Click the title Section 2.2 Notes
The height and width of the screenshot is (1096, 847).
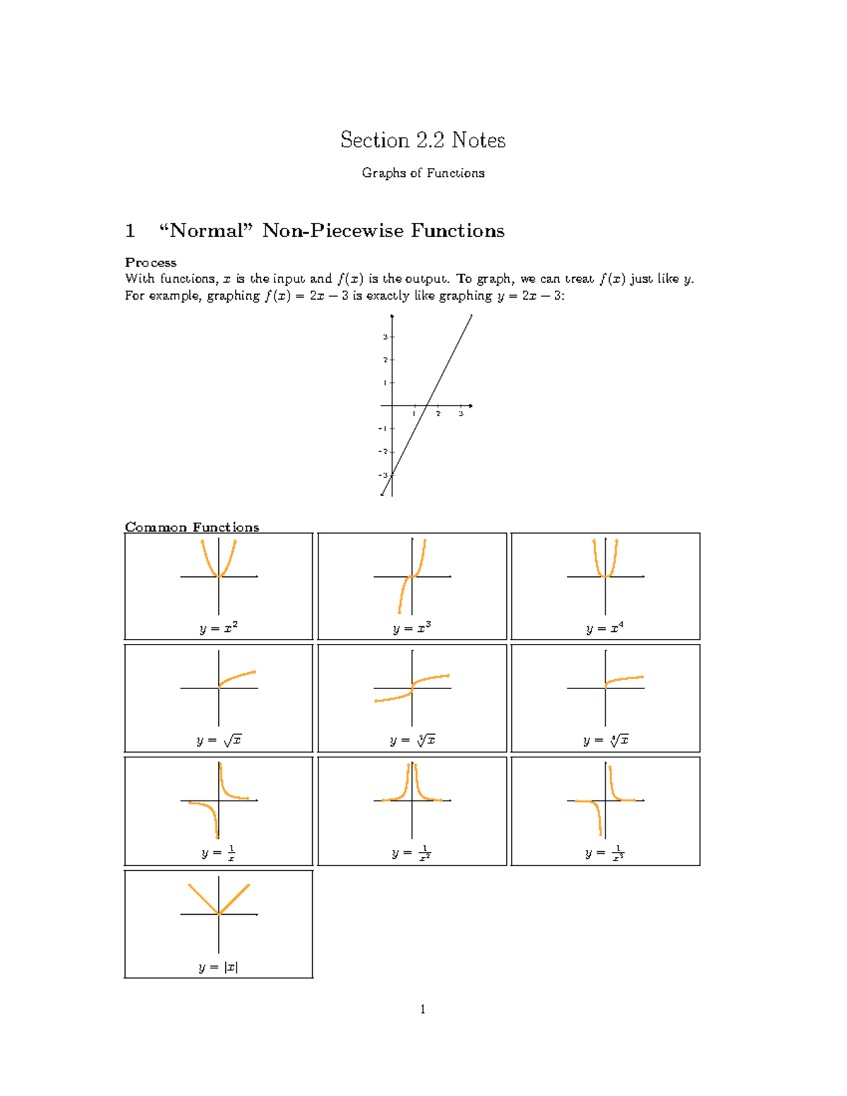423,140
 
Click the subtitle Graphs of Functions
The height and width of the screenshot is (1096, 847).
423,173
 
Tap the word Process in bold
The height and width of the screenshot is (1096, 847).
150,262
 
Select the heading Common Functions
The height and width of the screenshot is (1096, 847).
192,527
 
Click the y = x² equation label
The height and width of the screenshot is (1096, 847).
218,628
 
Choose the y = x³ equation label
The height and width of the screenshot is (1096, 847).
412,628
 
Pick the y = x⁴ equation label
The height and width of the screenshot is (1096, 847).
605,628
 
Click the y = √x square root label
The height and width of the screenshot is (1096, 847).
219,740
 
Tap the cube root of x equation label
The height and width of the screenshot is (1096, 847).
412,740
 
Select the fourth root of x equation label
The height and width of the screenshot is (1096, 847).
606,740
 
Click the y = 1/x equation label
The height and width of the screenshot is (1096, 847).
218,853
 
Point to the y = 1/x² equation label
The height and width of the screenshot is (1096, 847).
412,853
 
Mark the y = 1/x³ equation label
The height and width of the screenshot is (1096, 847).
605,853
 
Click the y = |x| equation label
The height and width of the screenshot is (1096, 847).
218,967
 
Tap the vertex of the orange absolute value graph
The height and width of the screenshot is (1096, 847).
219,914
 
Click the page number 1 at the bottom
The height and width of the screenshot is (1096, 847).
423,1009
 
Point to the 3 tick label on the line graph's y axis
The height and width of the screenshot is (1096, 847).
385,337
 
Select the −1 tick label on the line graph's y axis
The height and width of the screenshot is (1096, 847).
383,429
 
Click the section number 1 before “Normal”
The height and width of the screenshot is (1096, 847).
130,231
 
